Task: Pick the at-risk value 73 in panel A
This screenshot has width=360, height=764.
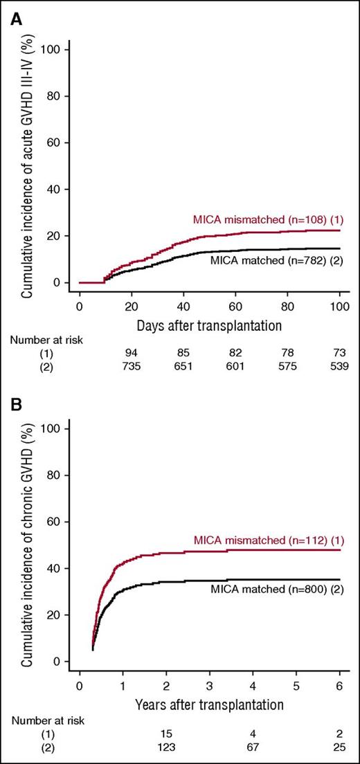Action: [339, 352]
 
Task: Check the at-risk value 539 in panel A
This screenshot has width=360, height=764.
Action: [339, 365]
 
